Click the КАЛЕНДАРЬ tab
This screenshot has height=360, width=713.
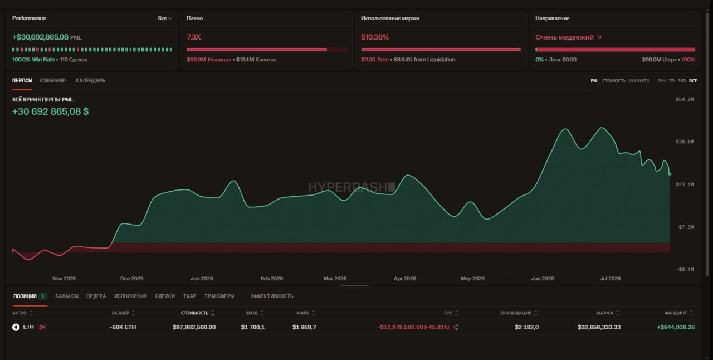[90, 81]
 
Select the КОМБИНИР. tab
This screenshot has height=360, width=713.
[53, 81]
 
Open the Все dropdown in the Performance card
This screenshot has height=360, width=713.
[165, 18]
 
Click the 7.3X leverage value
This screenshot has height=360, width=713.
[193, 37]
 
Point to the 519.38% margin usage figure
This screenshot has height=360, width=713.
[375, 37]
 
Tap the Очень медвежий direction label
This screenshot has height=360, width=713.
[564, 37]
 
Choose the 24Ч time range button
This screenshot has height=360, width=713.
[661, 81]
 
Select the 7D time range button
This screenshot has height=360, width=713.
[671, 81]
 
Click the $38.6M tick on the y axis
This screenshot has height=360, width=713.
[685, 142]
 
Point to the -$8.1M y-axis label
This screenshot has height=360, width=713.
[685, 270]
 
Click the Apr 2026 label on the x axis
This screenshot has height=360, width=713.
[404, 279]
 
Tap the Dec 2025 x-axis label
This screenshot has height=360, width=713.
[131, 279]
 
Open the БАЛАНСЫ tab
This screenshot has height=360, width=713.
[66, 296]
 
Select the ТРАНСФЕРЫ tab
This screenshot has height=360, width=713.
[219, 296]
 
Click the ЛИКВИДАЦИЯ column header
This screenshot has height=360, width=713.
[516, 313]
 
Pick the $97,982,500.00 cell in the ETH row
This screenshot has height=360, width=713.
[194, 327]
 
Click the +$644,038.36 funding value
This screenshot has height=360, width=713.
[676, 327]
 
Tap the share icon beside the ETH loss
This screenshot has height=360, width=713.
[456, 327]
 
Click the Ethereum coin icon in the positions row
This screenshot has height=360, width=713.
[16, 327]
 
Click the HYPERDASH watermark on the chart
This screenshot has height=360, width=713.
[351, 187]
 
